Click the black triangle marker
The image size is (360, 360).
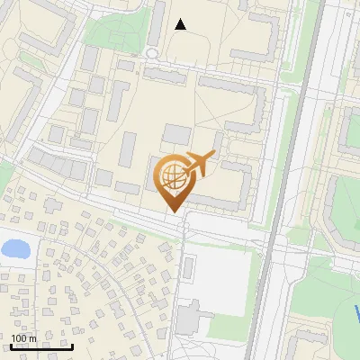[180, 24]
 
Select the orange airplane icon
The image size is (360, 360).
[199, 165]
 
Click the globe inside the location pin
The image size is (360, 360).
[172, 175]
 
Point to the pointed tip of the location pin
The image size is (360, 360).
[173, 211]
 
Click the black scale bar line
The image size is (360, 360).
[41, 347]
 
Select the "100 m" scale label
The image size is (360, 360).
[23, 338]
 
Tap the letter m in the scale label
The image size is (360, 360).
[32, 338]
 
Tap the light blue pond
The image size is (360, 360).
[13, 247]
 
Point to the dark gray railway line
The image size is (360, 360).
[279, 180]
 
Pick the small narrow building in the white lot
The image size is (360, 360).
[189, 266]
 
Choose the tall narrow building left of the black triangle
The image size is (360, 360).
[157, 22]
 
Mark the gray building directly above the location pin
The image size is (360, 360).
[176, 135]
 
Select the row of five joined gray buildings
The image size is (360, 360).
[56, 165]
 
